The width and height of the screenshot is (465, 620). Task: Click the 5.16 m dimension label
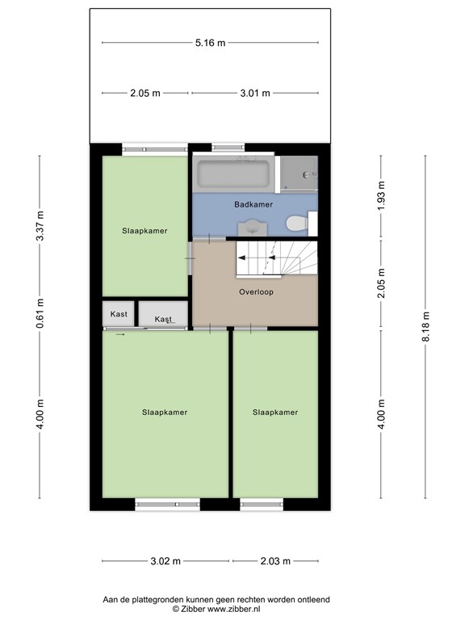[x=210, y=43]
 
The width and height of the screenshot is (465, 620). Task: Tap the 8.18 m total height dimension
[x=425, y=327]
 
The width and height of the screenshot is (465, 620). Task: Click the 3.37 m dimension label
[x=40, y=226]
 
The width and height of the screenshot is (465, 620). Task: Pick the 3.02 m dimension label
[x=165, y=561]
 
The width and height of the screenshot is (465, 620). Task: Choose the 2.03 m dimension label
[x=275, y=561]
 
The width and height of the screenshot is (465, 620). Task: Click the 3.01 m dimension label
[x=255, y=94]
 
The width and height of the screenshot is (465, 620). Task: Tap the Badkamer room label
[x=253, y=204]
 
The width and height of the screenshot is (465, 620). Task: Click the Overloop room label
[x=256, y=292]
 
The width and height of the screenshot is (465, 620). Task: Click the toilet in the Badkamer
[x=297, y=224]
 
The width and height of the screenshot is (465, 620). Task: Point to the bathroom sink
[x=253, y=228]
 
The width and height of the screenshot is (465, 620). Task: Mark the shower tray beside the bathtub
[x=299, y=174]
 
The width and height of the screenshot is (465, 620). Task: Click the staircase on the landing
[x=277, y=258]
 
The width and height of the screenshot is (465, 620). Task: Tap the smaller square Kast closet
[x=119, y=314]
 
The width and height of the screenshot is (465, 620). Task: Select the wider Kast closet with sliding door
[x=163, y=314]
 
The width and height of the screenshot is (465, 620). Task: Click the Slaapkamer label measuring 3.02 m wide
[x=165, y=413]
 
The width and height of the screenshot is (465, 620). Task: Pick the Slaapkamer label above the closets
[x=145, y=231]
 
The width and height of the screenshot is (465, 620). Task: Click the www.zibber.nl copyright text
[x=216, y=610]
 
